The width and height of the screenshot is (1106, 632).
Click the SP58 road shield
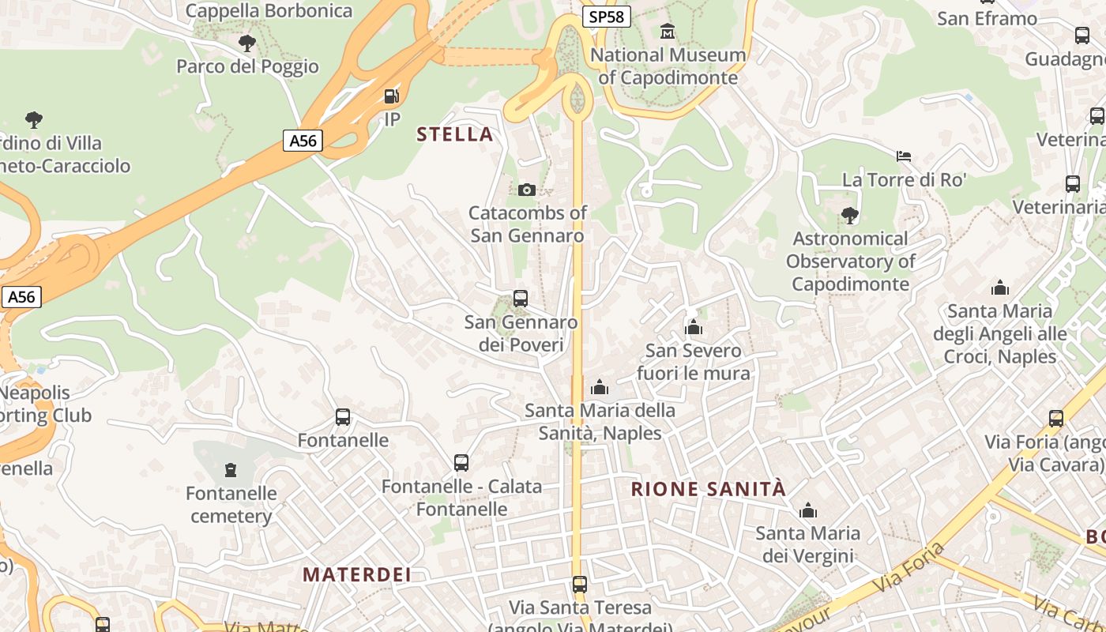tap(606, 17)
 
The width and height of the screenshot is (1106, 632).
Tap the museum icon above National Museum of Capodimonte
tap(668, 32)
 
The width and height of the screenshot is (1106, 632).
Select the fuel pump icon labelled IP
tap(391, 97)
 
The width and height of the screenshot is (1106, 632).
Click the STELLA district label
tap(455, 134)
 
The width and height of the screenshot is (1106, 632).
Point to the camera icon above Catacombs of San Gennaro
tap(527, 190)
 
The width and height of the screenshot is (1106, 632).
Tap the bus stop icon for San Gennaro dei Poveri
tap(521, 299)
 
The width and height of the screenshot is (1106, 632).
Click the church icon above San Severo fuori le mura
tap(694, 327)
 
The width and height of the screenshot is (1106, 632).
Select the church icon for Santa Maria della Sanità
tap(600, 387)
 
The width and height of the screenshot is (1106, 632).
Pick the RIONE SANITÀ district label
tap(709, 489)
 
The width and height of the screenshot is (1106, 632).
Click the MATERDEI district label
tap(357, 574)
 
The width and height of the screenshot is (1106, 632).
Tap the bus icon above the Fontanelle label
tap(343, 417)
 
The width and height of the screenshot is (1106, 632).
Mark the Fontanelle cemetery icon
tap(231, 471)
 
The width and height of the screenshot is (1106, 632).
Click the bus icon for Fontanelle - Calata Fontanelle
tap(461, 463)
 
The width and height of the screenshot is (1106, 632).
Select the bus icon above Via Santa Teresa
tap(580, 585)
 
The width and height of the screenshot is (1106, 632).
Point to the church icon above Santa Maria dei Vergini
tap(807, 511)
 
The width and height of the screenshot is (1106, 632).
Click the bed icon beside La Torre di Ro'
tap(904, 156)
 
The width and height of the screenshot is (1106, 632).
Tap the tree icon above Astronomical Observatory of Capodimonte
tap(850, 215)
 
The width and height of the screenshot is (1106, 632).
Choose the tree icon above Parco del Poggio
tap(247, 43)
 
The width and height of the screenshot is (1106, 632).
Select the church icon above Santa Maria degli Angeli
tap(1000, 288)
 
